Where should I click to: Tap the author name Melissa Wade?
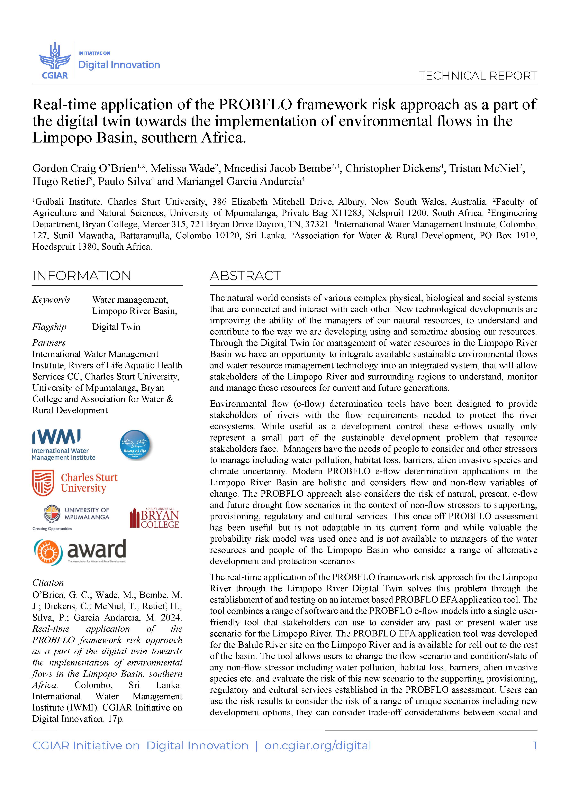[x=182, y=168]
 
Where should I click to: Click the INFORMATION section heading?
[x=82, y=276]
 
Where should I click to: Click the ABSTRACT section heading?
[x=245, y=276]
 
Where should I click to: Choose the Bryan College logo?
[x=154, y=518]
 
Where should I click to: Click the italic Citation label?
[x=48, y=583]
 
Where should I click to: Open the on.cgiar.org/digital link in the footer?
[x=317, y=745]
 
